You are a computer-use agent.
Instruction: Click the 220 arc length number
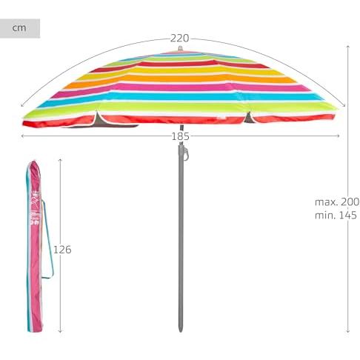[x=180, y=39]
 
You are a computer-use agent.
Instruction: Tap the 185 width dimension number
[x=181, y=136]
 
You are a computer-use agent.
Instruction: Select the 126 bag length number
[x=62, y=250]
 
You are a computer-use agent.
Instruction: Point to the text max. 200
[x=337, y=202]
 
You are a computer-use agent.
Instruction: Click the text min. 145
[x=336, y=216]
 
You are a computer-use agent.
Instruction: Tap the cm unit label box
[x=20, y=28]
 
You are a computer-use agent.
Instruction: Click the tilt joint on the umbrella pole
[x=183, y=152]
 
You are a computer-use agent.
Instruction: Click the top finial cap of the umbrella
[x=180, y=48]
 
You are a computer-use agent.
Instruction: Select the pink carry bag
[x=34, y=247]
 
